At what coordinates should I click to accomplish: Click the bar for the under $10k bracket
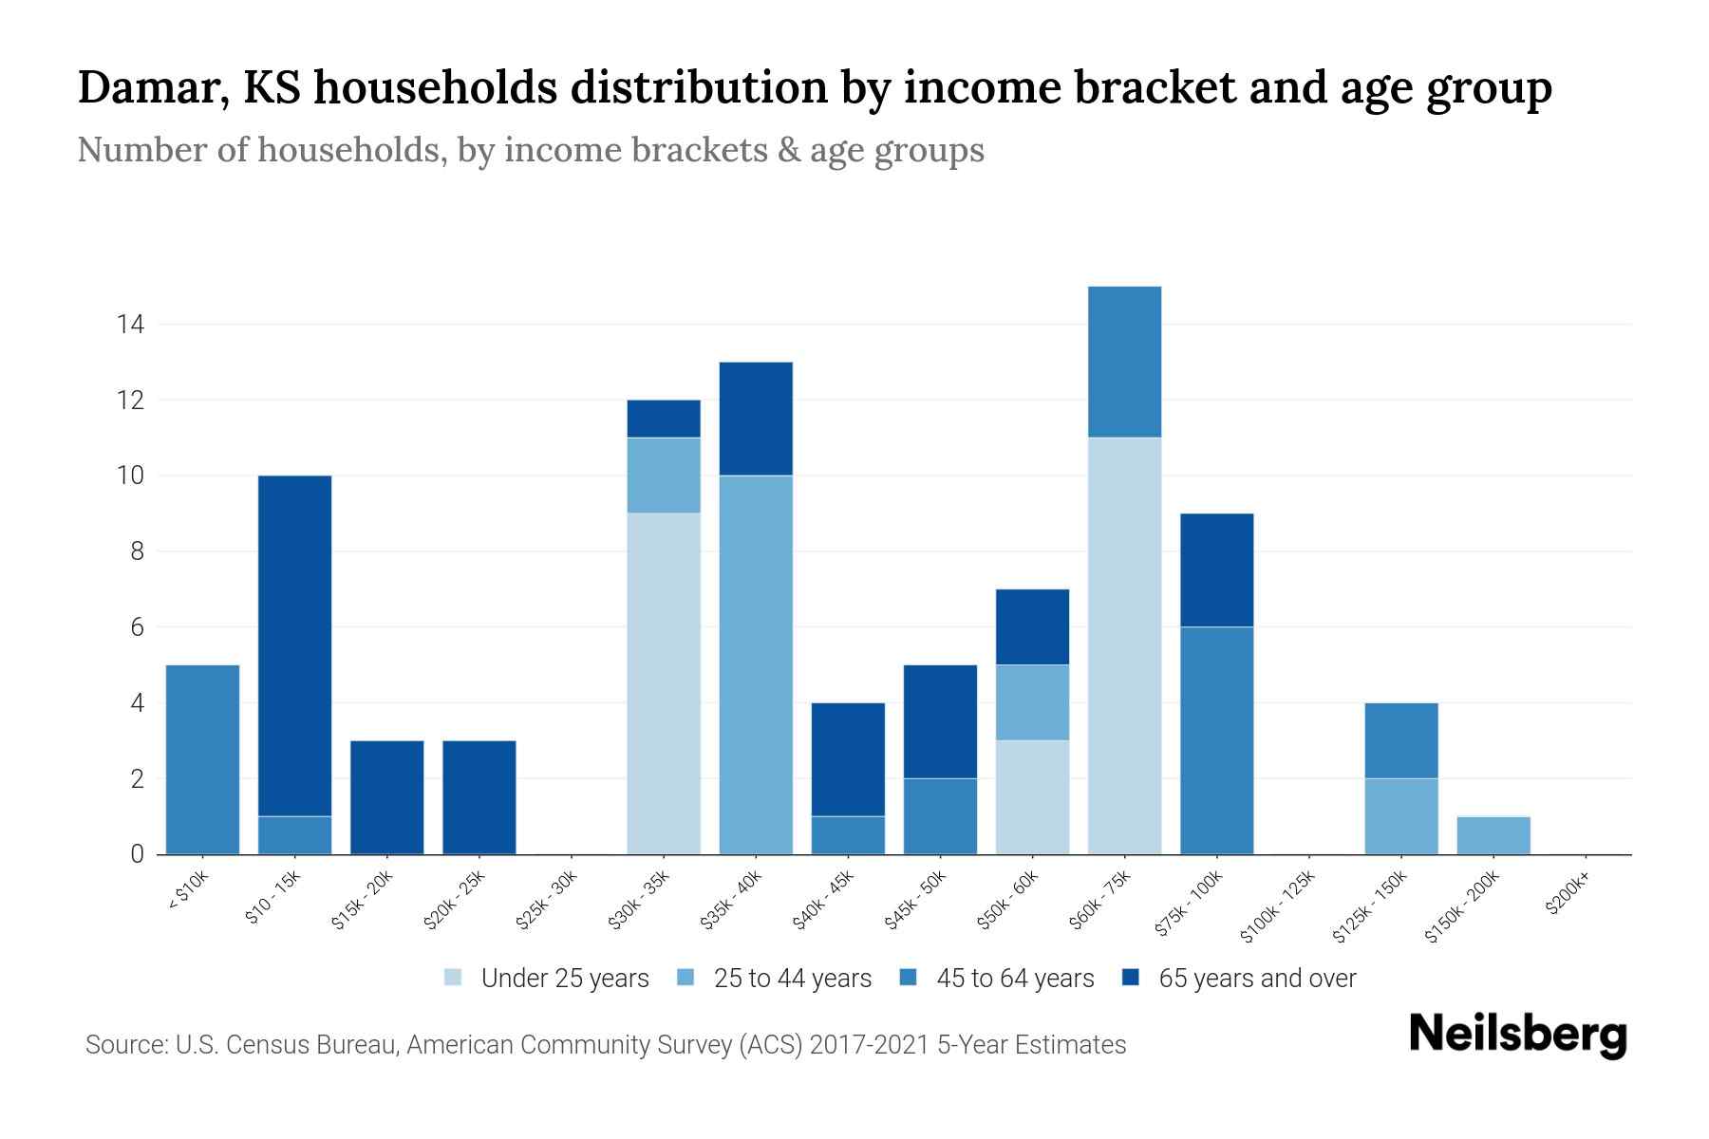coord(202,759)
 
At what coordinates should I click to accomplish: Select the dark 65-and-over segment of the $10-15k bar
coord(294,645)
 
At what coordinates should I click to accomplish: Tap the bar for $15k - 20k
coord(386,797)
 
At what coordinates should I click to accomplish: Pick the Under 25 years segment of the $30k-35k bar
coord(664,683)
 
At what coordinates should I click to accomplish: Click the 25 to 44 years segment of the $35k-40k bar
coord(756,664)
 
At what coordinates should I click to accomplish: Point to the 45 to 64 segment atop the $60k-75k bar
coord(1124,362)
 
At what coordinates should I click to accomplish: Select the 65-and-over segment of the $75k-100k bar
coord(1216,569)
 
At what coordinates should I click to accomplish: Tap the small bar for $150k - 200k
coord(1493,835)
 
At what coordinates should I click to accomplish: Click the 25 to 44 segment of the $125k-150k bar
coord(1401,816)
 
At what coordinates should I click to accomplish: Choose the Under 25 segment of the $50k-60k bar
coord(1032,797)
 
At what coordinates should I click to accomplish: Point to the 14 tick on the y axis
coord(130,325)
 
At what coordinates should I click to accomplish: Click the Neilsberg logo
coord(1517,1035)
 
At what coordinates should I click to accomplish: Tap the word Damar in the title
coord(151,87)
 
